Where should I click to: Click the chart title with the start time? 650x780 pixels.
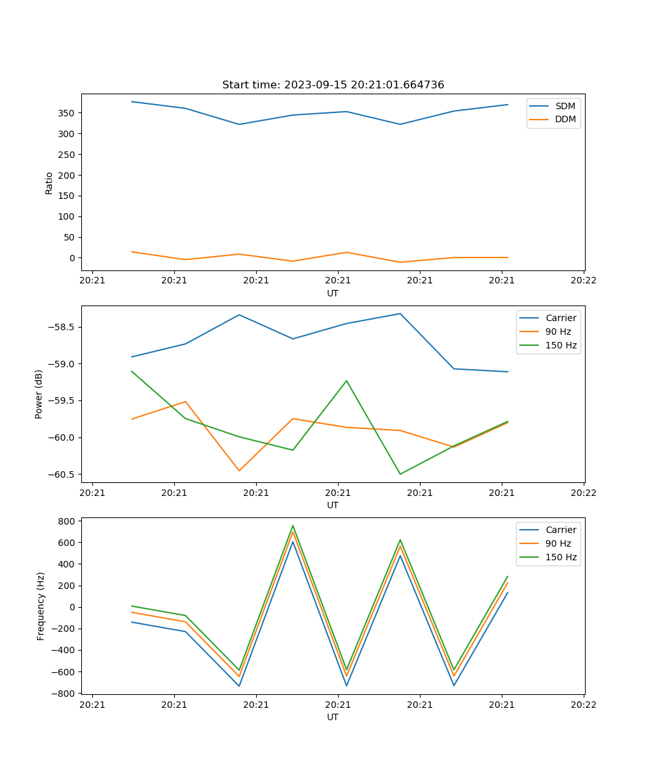(x=333, y=85)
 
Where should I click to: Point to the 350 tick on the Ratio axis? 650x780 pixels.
(x=68, y=113)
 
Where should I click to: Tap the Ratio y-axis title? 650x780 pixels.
(x=49, y=183)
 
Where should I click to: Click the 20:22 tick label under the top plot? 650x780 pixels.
(x=583, y=281)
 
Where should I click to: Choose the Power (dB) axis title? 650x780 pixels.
(x=39, y=394)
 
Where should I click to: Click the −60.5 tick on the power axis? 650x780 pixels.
(x=62, y=474)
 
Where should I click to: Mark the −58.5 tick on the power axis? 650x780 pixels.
(x=62, y=327)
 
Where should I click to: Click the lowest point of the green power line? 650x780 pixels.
(x=400, y=474)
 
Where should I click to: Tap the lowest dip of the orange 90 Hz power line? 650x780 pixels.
(x=239, y=471)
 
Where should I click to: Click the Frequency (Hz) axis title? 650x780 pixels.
(x=41, y=606)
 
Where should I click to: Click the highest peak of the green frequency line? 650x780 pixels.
(x=293, y=526)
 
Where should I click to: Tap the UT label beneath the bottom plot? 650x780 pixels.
(x=333, y=717)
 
